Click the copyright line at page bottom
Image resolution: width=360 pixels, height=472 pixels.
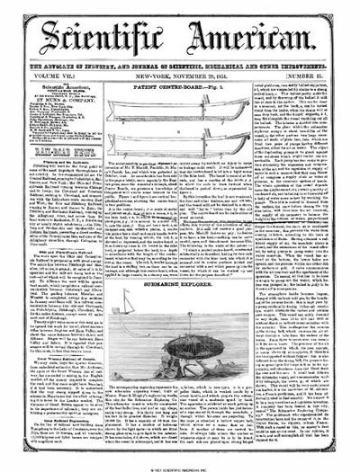coord(180,467)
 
